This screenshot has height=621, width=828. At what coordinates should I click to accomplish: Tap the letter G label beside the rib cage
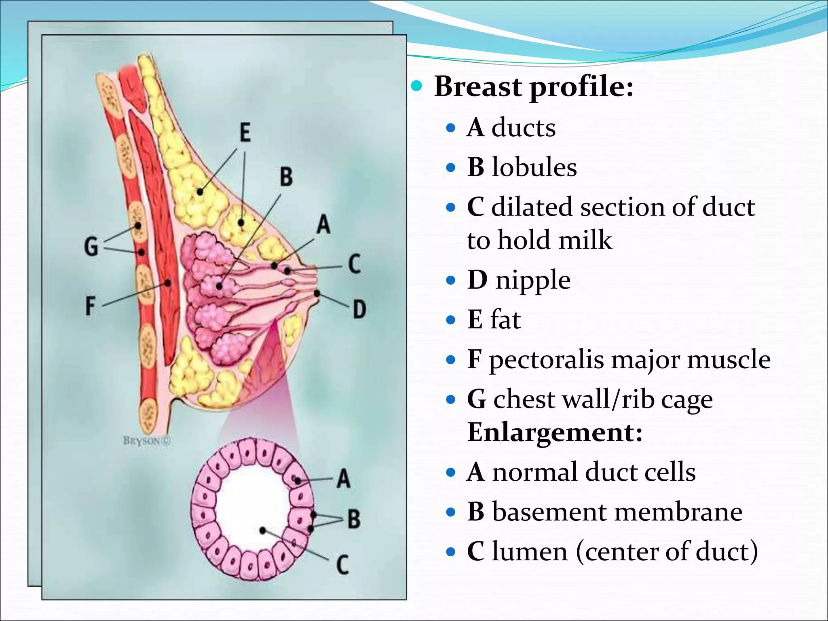point(91,246)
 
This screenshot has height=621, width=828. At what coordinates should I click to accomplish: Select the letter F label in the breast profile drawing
point(91,306)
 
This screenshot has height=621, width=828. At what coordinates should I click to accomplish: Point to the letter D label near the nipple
point(359,310)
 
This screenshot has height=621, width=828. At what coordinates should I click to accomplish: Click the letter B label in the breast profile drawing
point(286,177)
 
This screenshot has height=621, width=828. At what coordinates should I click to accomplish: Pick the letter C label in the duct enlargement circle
point(342,565)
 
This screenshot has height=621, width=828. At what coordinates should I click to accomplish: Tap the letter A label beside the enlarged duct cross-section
point(343,479)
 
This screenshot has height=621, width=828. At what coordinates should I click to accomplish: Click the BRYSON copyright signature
point(147,441)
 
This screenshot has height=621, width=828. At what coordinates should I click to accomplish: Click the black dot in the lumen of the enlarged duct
point(263,530)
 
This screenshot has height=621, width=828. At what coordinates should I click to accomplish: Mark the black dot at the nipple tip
point(317,293)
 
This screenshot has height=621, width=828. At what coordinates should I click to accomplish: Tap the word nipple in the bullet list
point(533,280)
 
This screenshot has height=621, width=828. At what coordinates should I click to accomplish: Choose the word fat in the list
point(505,319)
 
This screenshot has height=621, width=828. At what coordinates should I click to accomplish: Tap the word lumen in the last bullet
point(530,551)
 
